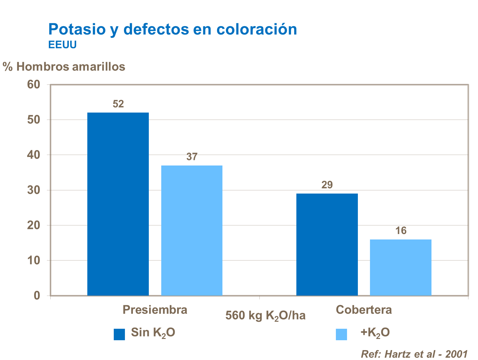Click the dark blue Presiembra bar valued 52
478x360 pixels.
(118, 204)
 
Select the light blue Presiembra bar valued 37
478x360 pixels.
(192, 230)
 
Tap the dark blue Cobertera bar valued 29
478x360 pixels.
(327, 244)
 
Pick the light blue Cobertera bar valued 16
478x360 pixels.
(401, 267)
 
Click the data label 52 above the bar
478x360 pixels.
(118, 104)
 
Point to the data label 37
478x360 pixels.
(192, 157)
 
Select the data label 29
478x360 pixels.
(327, 185)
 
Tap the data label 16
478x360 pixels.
(401, 231)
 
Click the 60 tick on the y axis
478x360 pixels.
(34, 84)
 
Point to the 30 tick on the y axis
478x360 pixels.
(34, 190)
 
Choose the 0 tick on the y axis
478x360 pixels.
(37, 296)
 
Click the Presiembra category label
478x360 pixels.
(155, 310)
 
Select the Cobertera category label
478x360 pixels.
(364, 310)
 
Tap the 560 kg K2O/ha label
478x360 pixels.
(265, 316)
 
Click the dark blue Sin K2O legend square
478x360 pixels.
(119, 334)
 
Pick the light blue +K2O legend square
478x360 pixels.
(341, 334)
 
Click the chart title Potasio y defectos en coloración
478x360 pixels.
(172, 29)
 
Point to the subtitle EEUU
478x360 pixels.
(62, 45)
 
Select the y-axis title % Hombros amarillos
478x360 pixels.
(64, 67)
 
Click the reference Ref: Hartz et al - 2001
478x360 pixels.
(414, 354)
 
